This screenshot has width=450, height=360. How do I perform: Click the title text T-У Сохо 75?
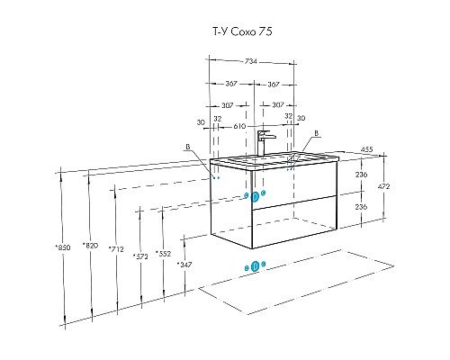[242, 31]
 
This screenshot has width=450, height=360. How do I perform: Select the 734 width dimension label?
[251, 61]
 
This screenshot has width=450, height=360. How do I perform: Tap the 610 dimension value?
[239, 126]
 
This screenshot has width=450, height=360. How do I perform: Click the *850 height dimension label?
[63, 247]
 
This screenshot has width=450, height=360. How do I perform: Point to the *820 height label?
[90, 245]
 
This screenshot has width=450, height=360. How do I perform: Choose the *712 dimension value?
[116, 248]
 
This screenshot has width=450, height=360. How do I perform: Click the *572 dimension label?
[140, 256]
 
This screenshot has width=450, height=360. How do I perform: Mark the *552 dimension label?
[163, 254]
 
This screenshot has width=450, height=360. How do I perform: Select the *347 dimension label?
[184, 265]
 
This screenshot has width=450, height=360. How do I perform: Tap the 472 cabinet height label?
[383, 186]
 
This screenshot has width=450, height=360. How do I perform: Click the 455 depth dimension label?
[366, 149]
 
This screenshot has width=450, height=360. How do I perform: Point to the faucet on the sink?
[264, 143]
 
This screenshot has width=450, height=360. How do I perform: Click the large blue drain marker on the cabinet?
[255, 197]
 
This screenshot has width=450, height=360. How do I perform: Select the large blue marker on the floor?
[255, 266]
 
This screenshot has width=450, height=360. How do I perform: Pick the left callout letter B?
[188, 147]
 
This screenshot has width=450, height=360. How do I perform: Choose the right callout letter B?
[316, 133]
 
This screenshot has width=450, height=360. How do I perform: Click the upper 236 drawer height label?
[361, 175]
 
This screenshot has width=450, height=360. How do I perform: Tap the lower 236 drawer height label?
[361, 207]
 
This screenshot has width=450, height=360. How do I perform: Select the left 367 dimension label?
[231, 84]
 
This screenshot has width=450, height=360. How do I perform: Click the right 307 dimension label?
[278, 105]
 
